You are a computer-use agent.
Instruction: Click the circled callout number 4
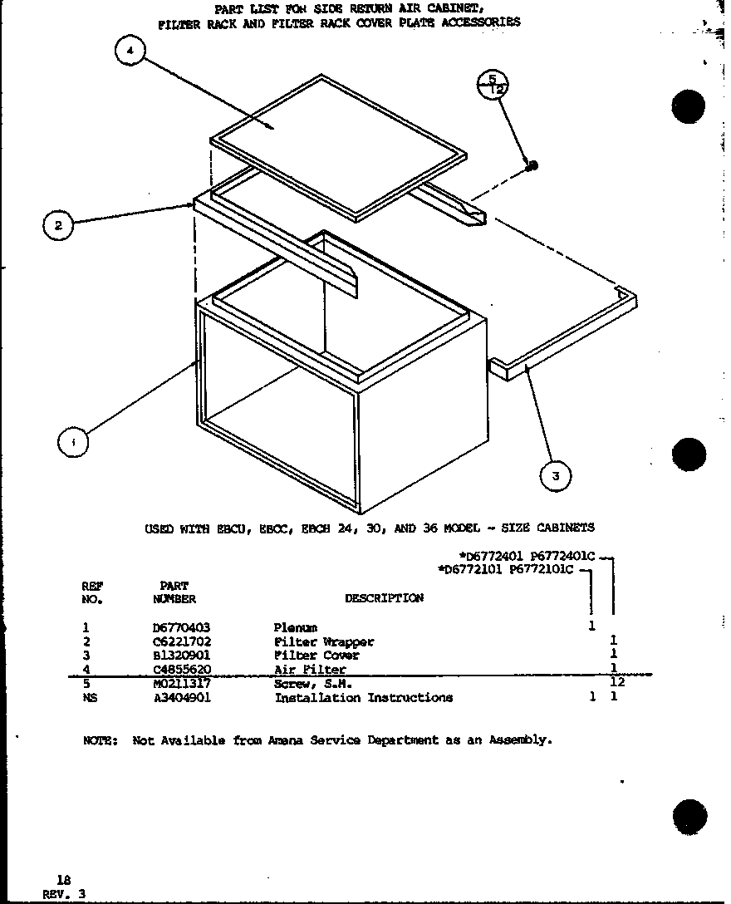coord(129,52)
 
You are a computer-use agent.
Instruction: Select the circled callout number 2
coord(58,224)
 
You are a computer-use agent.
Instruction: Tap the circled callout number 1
coord(73,442)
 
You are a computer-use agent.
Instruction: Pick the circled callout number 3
coord(555,475)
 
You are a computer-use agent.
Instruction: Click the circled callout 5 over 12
coord(493,83)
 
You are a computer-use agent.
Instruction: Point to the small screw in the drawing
coord(532,165)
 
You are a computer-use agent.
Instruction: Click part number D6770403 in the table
coord(182,627)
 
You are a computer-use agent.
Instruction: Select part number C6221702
coord(182,641)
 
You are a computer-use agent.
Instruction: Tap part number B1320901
coord(182,655)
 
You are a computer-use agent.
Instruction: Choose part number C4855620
coord(182,669)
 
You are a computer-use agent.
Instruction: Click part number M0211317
coord(182,683)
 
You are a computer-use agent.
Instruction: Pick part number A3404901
coord(182,698)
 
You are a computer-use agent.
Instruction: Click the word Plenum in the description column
coord(296,627)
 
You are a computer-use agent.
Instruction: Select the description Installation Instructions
coord(363,698)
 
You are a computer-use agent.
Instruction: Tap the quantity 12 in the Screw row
coord(616,682)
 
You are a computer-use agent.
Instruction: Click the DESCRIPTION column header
coord(384,598)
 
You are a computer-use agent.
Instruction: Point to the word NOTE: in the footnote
coord(101,739)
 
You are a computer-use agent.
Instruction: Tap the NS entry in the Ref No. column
coord(90,698)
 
